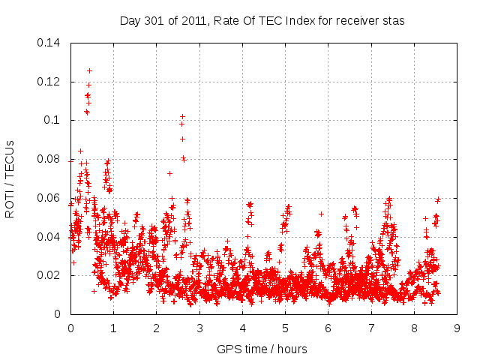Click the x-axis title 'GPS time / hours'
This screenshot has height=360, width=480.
pos(262,349)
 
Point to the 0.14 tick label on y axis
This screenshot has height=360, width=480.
pos(50,42)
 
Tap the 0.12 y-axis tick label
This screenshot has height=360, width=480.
pos(50,81)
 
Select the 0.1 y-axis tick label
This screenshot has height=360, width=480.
pos(54,120)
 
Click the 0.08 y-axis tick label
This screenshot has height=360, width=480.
pos(50,159)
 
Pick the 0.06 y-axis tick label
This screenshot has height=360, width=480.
pos(50,198)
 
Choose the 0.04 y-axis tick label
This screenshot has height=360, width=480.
pos(50,237)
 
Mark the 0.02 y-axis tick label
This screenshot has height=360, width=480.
pos(50,276)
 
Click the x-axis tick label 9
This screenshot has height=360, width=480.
pos(457,328)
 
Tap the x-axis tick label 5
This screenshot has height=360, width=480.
pos(285,328)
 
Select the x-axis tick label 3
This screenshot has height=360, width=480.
pos(199,328)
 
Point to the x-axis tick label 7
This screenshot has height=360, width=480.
pos(371,328)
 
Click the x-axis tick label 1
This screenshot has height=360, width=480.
pos(113,328)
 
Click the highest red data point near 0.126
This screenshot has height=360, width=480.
pos(89,70)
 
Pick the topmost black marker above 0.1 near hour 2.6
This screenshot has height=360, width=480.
pos(182,116)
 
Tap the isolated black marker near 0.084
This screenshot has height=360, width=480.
pos(80,151)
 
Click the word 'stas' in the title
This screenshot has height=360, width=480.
pos(393,21)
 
